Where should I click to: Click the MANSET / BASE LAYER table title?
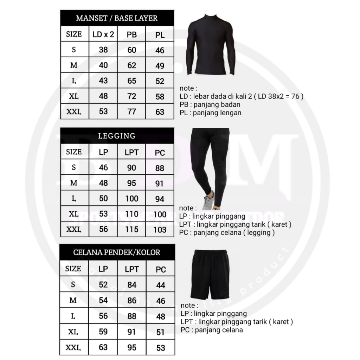pos(117,18)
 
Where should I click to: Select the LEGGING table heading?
pos(117,136)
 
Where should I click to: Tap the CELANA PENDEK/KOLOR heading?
pos(117,252)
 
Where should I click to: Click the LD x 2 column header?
pos(103,34)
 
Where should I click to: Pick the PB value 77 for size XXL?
pos(132,112)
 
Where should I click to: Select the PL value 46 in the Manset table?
pos(160,50)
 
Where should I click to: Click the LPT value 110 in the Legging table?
pos(132,214)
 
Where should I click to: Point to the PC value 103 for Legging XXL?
pos(160,230)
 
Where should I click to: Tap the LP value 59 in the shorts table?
pos(103,332)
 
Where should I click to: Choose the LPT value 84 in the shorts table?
pos(132,285)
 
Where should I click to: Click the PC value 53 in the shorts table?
pos(161,348)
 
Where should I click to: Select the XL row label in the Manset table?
pos(74,96)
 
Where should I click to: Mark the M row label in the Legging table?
pos(74,183)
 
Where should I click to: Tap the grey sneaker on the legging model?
pos(208,201)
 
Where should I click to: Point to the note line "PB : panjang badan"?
pos(210,104)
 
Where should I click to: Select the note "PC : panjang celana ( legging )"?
pos(227,232)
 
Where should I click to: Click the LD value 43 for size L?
pos(103,81)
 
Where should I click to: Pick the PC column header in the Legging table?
pos(160,153)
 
